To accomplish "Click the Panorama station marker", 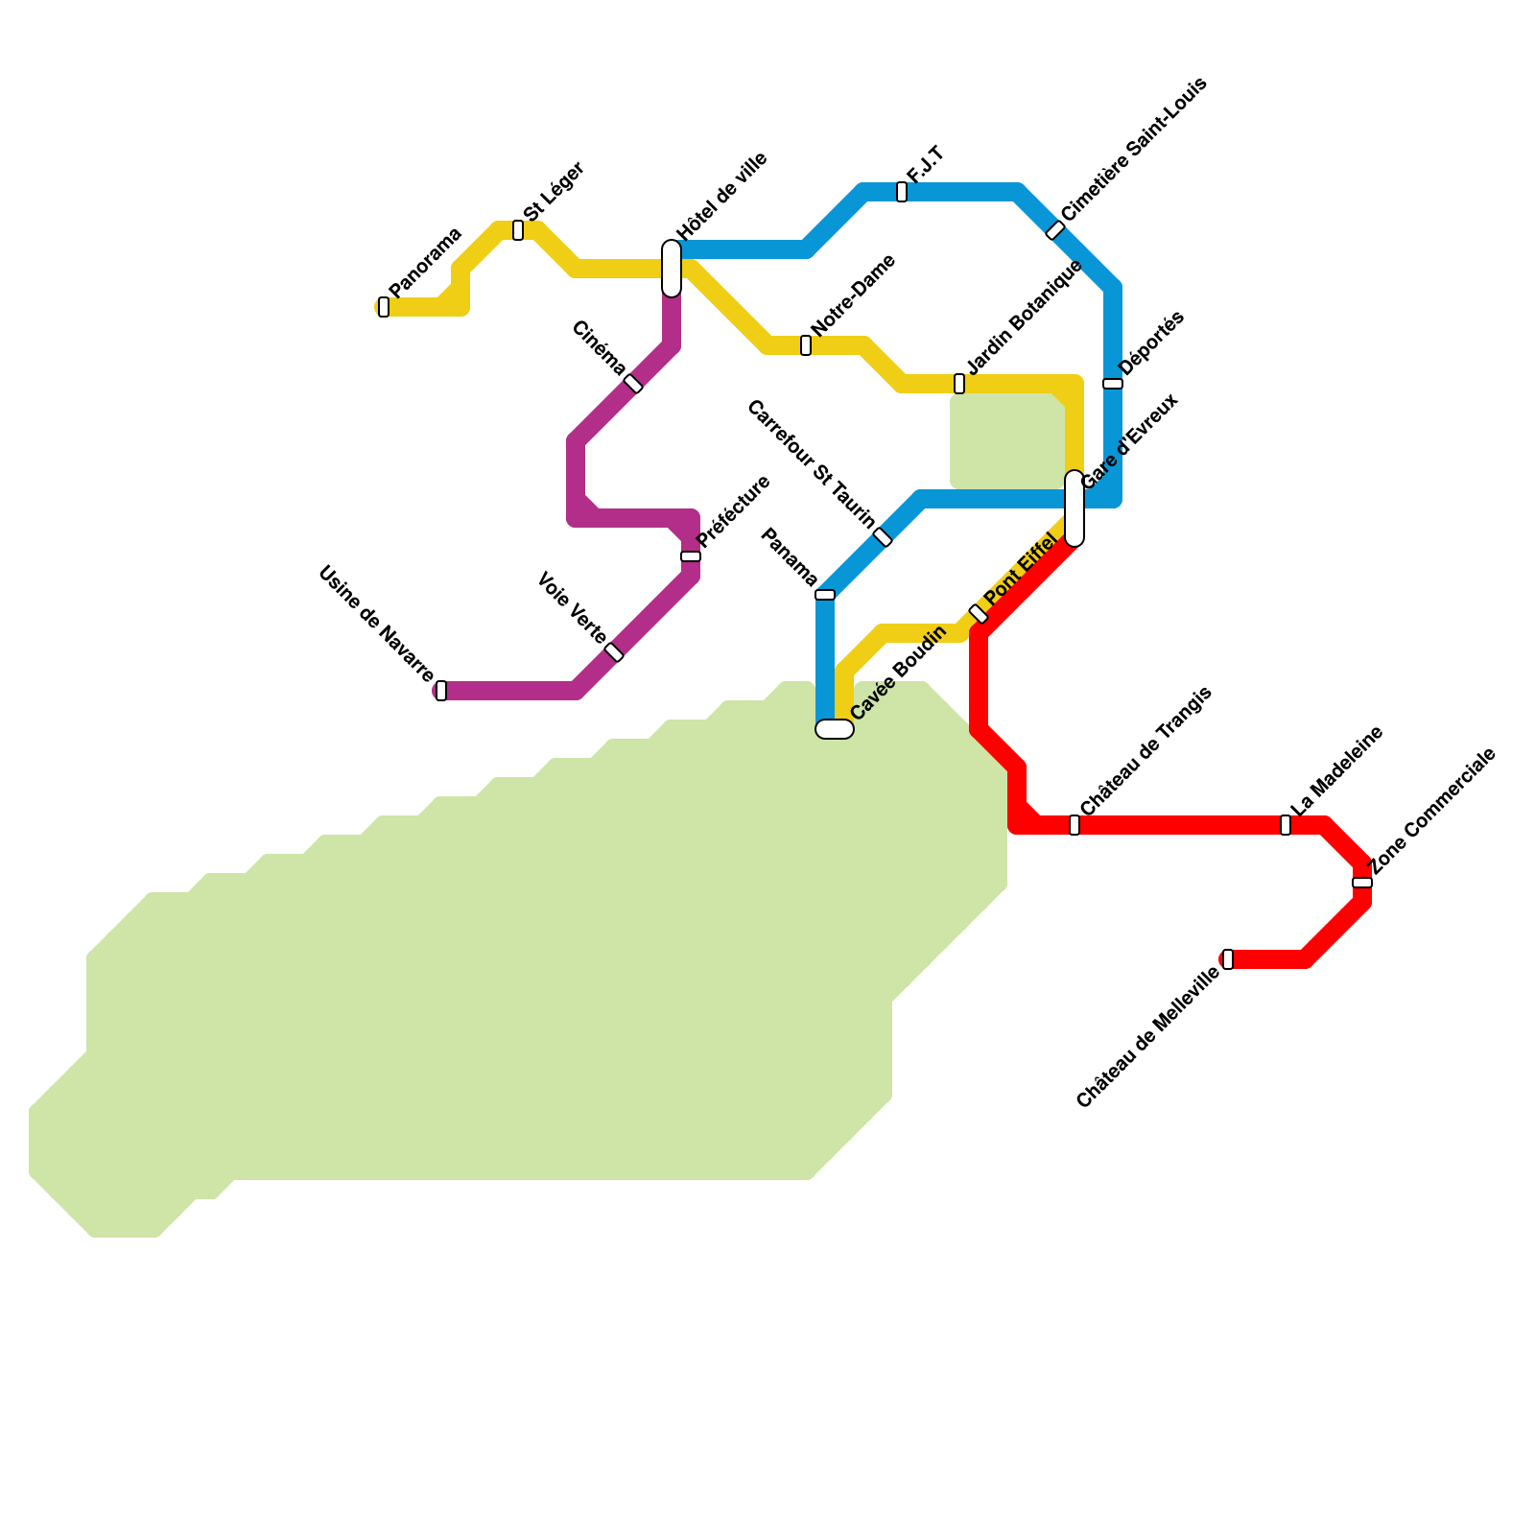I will coord(384,307).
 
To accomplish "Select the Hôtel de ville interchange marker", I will coord(672,269).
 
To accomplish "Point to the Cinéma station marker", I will coord(633,384).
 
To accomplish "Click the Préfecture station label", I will coord(734,511).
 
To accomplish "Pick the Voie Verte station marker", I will coord(614,652).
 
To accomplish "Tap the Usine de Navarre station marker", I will coord(441,691).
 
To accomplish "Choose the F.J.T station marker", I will coord(902,192).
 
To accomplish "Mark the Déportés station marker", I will coord(1113,384).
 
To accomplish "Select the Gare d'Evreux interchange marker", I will coord(1074,508).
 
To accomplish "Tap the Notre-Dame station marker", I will coord(806,345).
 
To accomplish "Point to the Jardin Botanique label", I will coord(1025,317).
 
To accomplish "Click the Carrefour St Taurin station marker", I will coord(883,537).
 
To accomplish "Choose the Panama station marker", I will coord(825,595).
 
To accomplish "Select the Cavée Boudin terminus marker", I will coord(835,729).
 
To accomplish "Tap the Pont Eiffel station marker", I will coord(979,614).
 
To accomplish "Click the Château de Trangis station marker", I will coord(1074,825).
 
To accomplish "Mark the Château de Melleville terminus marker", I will coord(1228,959).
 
